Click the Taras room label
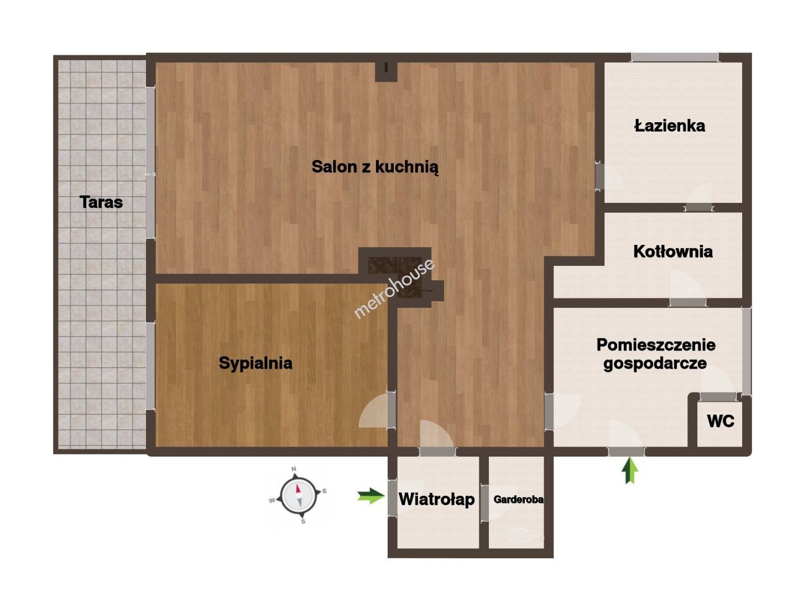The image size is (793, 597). click(101, 202)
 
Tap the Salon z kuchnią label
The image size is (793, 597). click(375, 167)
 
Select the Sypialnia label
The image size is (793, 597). click(255, 363)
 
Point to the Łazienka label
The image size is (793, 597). click(670, 125)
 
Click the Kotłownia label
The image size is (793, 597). click(672, 252)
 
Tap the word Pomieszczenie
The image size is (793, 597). click(656, 344)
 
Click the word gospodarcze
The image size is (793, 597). click(655, 363)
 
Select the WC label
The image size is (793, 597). click(721, 421)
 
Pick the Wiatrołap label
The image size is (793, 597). click(436, 500)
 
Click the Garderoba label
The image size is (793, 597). click(518, 500)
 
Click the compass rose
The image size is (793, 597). click(298, 495)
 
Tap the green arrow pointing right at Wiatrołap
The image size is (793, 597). click(371, 496)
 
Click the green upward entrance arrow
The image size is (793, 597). click(629, 470)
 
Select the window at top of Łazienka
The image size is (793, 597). click(675, 57)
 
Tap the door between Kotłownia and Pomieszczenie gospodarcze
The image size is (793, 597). click(687, 302)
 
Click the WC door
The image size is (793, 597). click(718, 397)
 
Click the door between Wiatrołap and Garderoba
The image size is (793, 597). click(484, 502)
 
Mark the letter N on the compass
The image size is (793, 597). click(294, 469)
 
